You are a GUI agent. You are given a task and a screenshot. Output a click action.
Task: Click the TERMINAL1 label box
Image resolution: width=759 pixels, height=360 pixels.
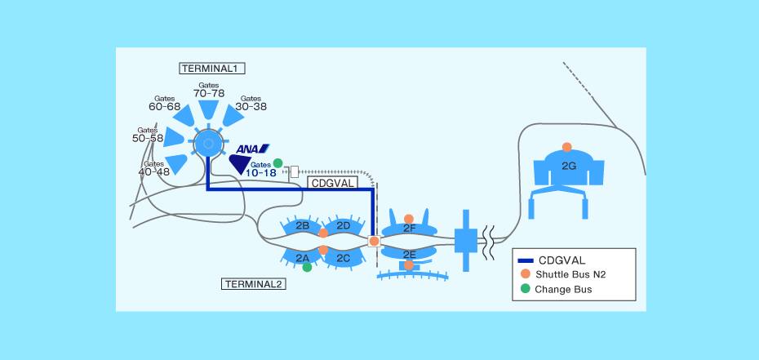212,69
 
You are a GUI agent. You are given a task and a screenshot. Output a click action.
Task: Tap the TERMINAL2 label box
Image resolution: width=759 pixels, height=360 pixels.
254,284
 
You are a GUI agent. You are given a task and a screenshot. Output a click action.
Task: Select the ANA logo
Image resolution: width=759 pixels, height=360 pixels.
252,149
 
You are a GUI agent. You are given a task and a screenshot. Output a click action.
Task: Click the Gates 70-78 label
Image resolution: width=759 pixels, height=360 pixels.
209,90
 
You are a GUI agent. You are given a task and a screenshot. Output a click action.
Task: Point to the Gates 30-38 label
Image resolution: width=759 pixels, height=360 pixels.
251,103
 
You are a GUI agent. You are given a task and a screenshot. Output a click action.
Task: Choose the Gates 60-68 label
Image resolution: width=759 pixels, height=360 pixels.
165,103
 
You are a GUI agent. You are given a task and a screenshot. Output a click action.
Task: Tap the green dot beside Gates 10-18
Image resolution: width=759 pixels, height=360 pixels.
277,163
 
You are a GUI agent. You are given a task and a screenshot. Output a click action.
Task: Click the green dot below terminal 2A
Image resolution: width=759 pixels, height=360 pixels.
307,267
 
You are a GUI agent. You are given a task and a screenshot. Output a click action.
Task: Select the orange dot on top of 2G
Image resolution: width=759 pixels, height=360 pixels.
567,147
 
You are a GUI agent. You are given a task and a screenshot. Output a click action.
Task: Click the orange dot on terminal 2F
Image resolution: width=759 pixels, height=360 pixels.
409,219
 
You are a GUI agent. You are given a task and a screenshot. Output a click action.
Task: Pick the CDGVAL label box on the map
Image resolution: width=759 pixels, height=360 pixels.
333,182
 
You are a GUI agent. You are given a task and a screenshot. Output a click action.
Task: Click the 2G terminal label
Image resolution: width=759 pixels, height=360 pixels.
569,166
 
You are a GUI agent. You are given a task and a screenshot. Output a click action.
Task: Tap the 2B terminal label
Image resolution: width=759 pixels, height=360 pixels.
303,225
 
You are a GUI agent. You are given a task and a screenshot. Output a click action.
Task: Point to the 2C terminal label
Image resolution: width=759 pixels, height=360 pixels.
344,259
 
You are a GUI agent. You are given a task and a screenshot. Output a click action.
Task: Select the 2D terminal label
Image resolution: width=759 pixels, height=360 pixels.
344,225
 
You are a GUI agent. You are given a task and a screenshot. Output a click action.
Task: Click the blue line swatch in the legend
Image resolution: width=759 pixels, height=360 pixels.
526,260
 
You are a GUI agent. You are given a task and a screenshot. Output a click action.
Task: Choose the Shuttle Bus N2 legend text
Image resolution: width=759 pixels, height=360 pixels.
570,274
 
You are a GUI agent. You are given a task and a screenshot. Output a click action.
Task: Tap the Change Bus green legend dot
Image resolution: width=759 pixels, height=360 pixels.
526,289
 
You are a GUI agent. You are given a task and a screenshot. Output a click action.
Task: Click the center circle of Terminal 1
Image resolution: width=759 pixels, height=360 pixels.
208,143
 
